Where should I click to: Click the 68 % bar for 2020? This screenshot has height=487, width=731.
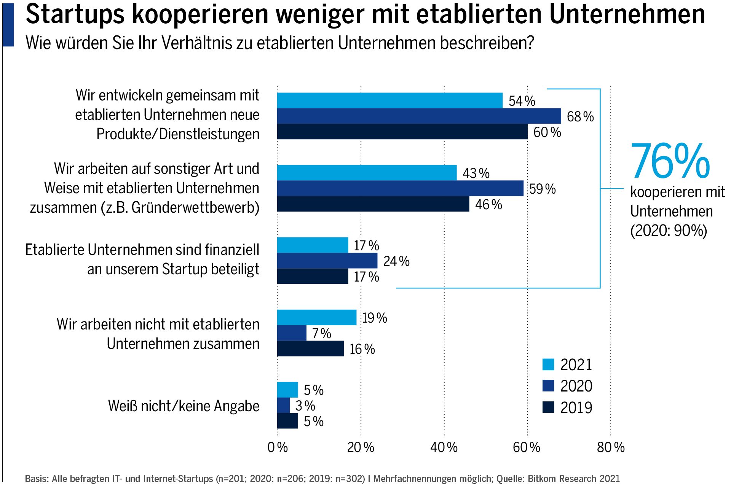point(419,116)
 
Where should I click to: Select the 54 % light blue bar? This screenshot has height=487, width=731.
point(389,100)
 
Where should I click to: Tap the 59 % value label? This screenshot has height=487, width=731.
point(543,189)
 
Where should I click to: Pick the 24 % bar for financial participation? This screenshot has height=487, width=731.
point(327,261)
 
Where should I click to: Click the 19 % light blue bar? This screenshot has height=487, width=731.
point(317,317)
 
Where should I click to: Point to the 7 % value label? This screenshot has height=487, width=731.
point(322,334)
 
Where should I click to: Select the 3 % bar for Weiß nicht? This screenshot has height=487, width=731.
point(283,405)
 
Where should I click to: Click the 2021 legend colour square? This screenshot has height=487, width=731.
point(548,364)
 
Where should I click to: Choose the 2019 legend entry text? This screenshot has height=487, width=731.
point(576,408)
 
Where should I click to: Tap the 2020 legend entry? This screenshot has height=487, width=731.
point(576,386)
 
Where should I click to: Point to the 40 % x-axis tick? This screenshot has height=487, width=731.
point(444,447)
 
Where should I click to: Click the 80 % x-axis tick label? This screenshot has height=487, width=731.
point(610,447)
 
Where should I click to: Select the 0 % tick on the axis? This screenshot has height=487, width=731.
point(278,447)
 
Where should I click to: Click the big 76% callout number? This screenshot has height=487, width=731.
point(670,161)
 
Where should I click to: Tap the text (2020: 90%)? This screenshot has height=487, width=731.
point(669,231)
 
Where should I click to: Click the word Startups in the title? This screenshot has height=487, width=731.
point(75,14)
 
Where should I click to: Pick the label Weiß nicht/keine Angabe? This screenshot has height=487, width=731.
point(184,406)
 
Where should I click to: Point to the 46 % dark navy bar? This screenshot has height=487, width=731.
point(373,204)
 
